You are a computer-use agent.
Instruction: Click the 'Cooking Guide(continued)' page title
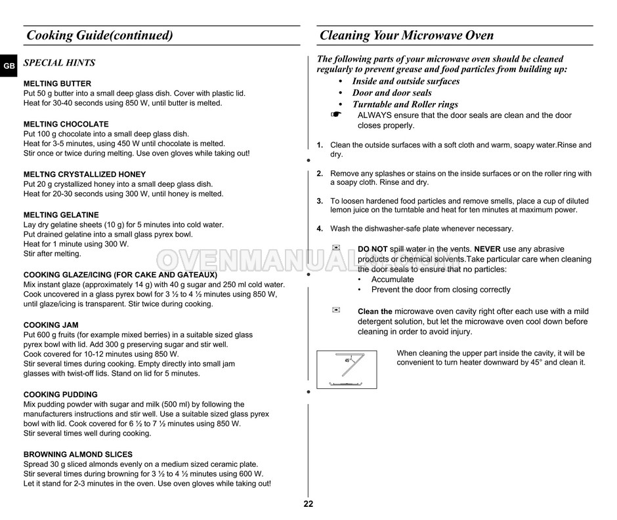[99, 35]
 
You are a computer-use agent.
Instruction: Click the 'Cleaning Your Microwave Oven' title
[406, 35]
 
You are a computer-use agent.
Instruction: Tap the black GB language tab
[8, 66]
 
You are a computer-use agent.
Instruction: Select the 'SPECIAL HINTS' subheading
[59, 63]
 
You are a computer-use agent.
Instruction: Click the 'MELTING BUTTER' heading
[57, 84]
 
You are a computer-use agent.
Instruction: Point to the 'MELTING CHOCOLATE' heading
[66, 124]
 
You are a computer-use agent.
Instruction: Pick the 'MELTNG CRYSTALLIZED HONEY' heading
[85, 174]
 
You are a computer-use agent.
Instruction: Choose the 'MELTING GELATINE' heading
[61, 214]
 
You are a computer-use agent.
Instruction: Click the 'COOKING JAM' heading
[51, 325]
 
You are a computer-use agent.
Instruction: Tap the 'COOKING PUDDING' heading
[60, 395]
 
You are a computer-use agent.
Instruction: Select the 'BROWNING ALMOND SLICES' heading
[77, 454]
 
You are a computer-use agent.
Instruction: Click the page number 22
[308, 504]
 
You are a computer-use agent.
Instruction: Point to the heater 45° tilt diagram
[347, 369]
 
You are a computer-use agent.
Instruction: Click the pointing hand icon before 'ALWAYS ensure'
[337, 114]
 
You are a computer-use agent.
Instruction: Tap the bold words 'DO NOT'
[373, 249]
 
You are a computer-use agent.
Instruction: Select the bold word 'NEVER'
[488, 249]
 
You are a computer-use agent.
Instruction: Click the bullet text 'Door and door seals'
[392, 92]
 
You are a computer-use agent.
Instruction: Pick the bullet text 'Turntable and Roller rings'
[405, 104]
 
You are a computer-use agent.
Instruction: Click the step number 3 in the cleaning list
[320, 201]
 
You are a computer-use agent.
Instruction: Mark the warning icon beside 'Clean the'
[337, 310]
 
